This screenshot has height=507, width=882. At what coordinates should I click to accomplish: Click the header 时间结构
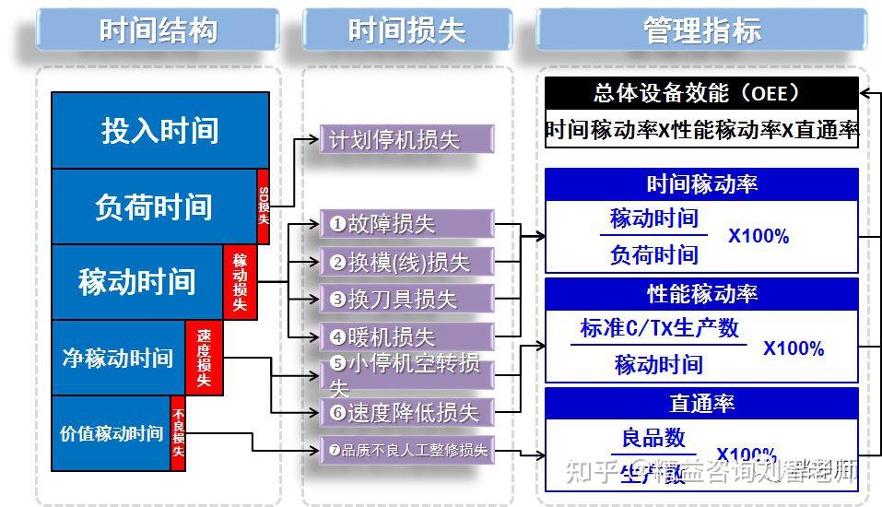pyautogui.click(x=158, y=29)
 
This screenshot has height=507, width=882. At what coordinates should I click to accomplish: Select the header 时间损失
pyautogui.click(x=406, y=29)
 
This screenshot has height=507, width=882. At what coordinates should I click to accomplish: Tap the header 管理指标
pyautogui.click(x=701, y=29)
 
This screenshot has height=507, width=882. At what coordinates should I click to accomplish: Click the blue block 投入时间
pyautogui.click(x=159, y=130)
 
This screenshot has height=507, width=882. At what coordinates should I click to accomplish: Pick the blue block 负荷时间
pyautogui.click(x=153, y=206)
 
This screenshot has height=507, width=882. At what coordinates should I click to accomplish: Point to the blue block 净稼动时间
pyautogui.click(x=117, y=358)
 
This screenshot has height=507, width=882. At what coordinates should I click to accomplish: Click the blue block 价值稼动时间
pyautogui.click(x=111, y=433)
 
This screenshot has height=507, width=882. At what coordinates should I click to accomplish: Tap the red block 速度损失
pyautogui.click(x=204, y=358)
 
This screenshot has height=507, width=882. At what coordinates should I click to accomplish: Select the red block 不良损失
pyautogui.click(x=178, y=432)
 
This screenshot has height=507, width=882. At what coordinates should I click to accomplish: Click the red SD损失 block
pyautogui.click(x=263, y=206)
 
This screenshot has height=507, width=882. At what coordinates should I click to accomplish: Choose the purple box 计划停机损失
pyautogui.click(x=406, y=140)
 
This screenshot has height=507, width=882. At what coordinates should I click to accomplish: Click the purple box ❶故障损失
pyautogui.click(x=406, y=224)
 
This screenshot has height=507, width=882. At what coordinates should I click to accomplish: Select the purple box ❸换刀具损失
pyautogui.click(x=406, y=300)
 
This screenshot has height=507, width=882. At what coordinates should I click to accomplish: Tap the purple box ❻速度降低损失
pyautogui.click(x=406, y=412)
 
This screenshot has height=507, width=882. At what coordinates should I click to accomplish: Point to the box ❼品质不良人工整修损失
pyautogui.click(x=406, y=451)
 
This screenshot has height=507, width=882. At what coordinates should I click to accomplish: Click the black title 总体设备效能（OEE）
pyautogui.click(x=701, y=93)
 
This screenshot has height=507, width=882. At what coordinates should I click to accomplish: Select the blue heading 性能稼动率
pyautogui.click(x=701, y=294)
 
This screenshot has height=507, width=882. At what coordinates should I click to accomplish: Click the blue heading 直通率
pyautogui.click(x=701, y=404)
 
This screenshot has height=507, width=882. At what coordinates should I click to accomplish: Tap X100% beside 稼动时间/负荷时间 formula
pyautogui.click(x=759, y=237)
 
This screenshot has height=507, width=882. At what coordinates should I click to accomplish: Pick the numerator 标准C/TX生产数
pyautogui.click(x=659, y=328)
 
